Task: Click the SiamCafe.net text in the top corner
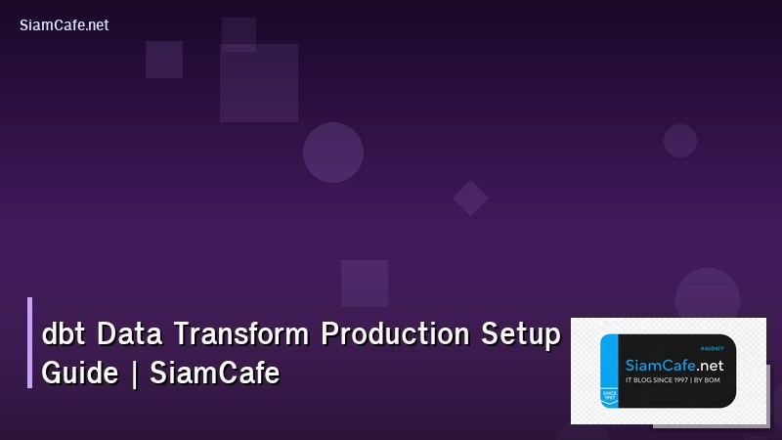[x=64, y=25]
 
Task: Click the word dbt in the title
[x=62, y=335]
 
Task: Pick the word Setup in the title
[x=520, y=335]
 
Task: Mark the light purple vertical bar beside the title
[x=30, y=342]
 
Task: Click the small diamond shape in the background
[x=470, y=198]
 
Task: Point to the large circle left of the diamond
[x=333, y=153]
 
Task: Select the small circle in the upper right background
[x=680, y=141]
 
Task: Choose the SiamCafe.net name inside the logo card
[x=673, y=365]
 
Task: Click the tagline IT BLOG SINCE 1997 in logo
[x=656, y=379]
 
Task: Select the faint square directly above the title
[x=365, y=284]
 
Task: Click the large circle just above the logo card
[x=708, y=293]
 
